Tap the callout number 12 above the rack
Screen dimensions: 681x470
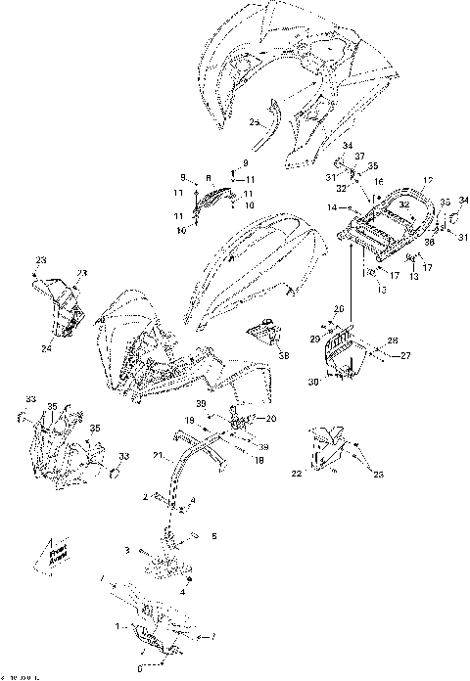click(399, 181)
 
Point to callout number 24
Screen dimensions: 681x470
click(45, 347)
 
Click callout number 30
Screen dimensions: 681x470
click(313, 381)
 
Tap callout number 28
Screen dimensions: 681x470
click(394, 340)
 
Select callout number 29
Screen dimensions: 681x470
click(313, 338)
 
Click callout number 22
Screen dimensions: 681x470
click(296, 474)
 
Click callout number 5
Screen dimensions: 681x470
click(214, 535)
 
